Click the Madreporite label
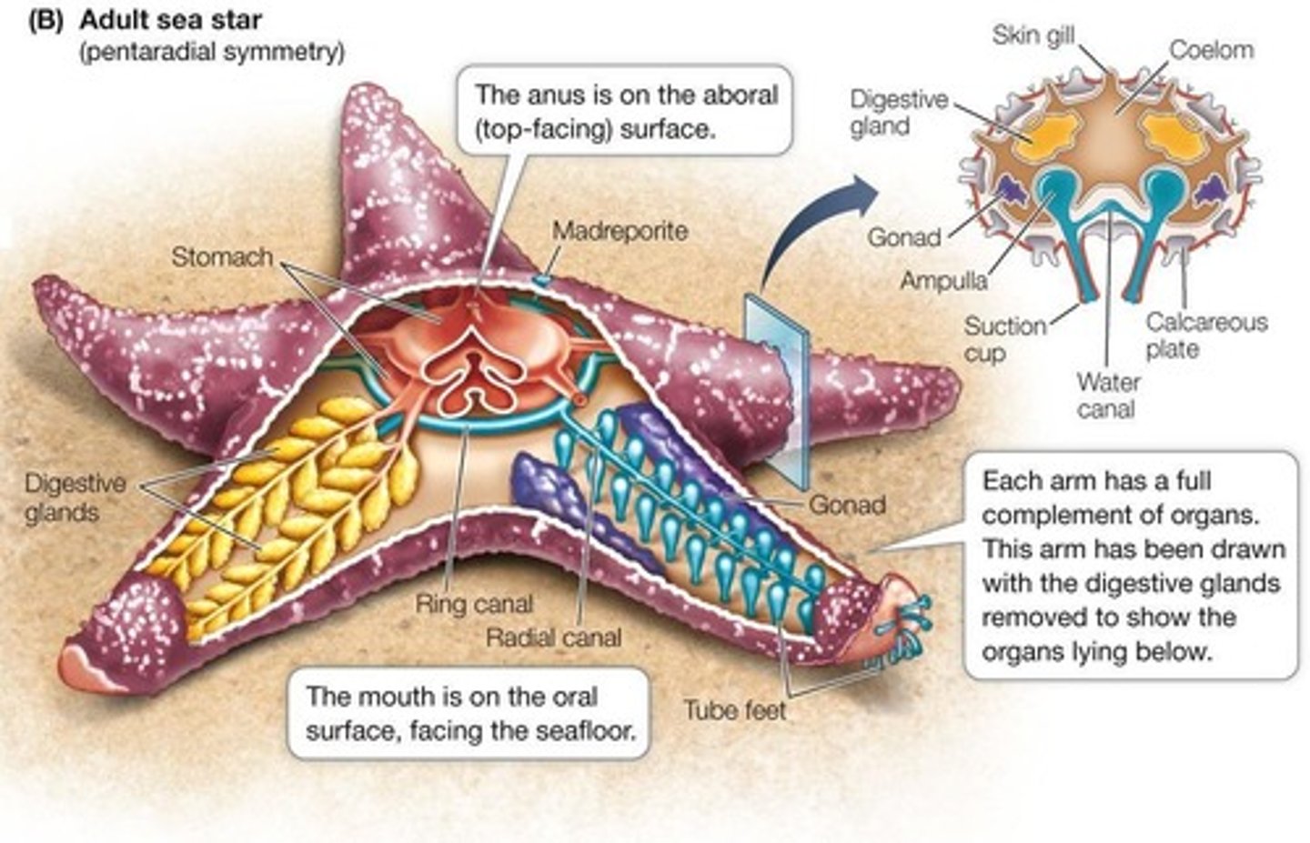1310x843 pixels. [x=620, y=231]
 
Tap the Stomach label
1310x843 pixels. [x=222, y=257]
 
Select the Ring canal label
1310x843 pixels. [x=474, y=604]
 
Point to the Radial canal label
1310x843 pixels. [x=553, y=637]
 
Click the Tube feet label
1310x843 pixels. [x=734, y=709]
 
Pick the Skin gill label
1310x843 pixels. [x=1033, y=35]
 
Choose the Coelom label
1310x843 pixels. [x=1211, y=49]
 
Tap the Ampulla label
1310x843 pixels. [x=942, y=281]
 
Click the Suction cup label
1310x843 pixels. [x=1004, y=338]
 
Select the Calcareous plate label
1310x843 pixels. [x=1205, y=335]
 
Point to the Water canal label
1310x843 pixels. [x=1107, y=395]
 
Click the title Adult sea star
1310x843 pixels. [x=171, y=20]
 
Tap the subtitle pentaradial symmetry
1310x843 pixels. [x=212, y=52]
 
